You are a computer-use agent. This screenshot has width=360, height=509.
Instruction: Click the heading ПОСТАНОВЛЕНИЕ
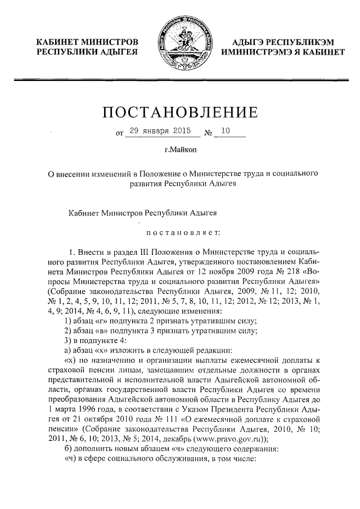tap(180, 111)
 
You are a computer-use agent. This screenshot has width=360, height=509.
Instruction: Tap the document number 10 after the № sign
tap(226, 131)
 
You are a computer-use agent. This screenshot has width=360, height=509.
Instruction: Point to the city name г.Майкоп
tap(180, 150)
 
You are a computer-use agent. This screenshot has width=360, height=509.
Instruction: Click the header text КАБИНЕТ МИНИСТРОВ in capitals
tap(87, 42)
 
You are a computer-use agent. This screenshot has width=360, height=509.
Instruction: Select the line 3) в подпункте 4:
tap(93, 341)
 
